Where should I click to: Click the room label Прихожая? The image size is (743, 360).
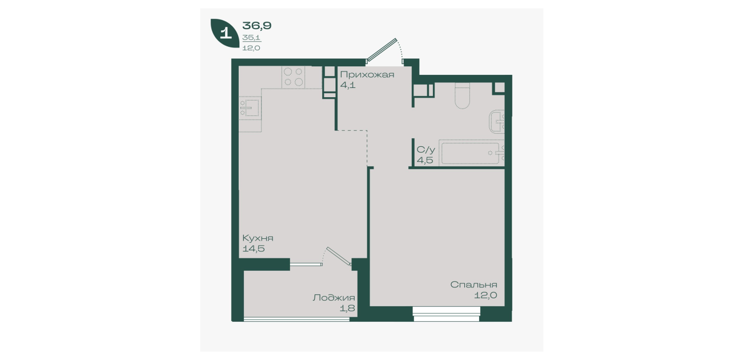point(367,75)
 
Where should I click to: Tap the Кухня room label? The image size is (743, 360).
point(258,238)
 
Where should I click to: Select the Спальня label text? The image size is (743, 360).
point(473,285)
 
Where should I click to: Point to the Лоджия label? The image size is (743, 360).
point(334,298)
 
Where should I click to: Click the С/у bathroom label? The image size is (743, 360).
point(426,150)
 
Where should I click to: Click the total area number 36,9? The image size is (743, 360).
point(257,26)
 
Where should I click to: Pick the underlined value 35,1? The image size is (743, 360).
point(251,38)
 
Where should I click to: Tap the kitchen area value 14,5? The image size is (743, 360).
point(254,249)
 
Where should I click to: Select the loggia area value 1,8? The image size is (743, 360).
point(347,308)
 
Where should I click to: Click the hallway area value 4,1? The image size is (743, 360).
point(348,85)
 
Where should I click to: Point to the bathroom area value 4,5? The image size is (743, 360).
point(425,160)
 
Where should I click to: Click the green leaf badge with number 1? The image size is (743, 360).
point(225,33)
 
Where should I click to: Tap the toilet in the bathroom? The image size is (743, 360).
point(463,95)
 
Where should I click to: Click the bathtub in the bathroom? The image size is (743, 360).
point(471,153)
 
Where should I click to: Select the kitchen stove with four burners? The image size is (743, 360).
point(293,77)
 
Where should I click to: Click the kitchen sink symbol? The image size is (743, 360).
point(250,108)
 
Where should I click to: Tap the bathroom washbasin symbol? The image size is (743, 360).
point(497,122)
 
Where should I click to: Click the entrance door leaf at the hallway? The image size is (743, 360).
point(381,50)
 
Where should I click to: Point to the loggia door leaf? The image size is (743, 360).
point(339,256)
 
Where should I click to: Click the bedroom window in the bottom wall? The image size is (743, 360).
point(447,314)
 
